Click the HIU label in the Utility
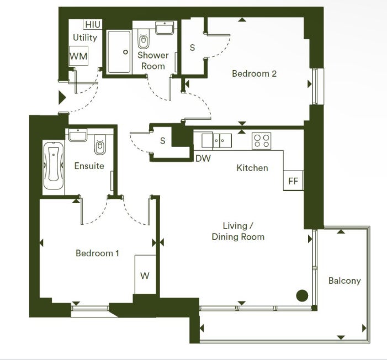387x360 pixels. pyautogui.click(x=93, y=24)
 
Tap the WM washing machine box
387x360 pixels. pyautogui.click(x=78, y=56)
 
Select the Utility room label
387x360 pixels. pyautogui.click(x=85, y=38)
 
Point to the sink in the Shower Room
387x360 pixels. pyautogui.click(x=165, y=28)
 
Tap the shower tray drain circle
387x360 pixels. pyautogui.click(x=125, y=52)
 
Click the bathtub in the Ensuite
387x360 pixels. pyautogui.click(x=54, y=165)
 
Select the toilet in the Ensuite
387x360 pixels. pyautogui.click(x=100, y=145)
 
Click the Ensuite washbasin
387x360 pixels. pyautogui.click(x=78, y=135)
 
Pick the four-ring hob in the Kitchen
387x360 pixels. pyautogui.click(x=261, y=141)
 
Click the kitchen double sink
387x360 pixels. pyautogui.click(x=217, y=141)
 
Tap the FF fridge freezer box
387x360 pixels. pyautogui.click(x=293, y=181)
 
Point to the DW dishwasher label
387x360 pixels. pyautogui.click(x=203, y=158)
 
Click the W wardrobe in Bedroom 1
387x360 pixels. pyautogui.click(x=145, y=274)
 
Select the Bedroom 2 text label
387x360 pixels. pyautogui.click(x=254, y=73)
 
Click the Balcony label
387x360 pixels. pyautogui.click(x=344, y=280)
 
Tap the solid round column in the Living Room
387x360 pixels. pyautogui.click(x=302, y=295)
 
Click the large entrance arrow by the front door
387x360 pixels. pyautogui.click(x=62, y=98)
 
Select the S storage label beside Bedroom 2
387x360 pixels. pyautogui.click(x=192, y=47)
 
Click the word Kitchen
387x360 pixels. pyautogui.click(x=252, y=168)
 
